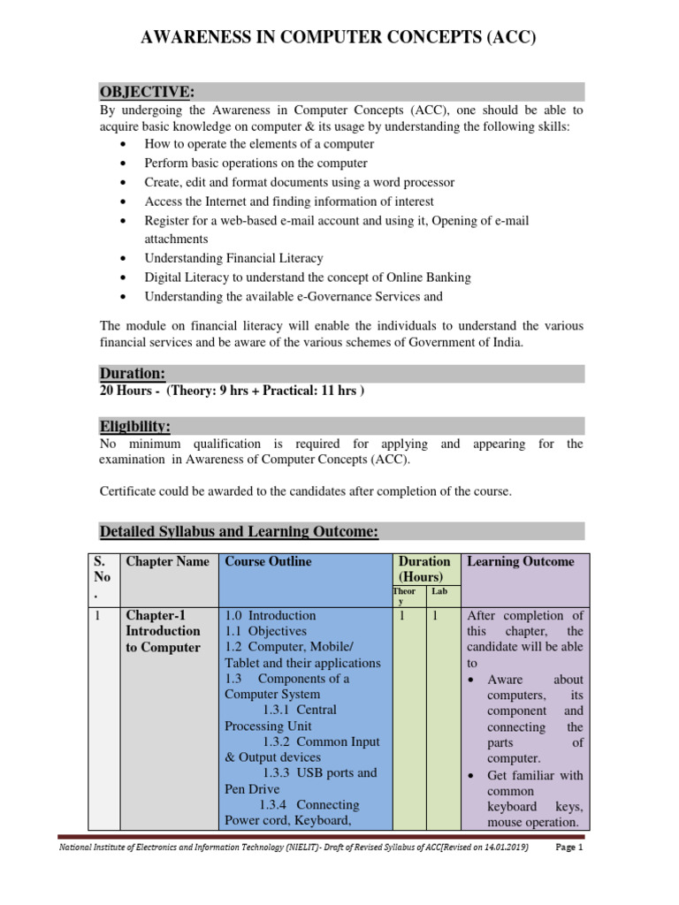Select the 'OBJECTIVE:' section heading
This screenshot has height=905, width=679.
click(x=145, y=93)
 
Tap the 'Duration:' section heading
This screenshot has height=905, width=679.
click(x=133, y=374)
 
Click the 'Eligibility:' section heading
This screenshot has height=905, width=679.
click(x=134, y=426)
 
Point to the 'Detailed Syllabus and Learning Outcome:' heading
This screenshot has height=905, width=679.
click(x=239, y=531)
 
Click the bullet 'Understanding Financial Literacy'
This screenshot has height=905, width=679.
click(x=233, y=258)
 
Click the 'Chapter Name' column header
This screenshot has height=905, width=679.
click(x=168, y=562)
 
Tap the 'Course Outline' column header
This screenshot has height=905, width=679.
click(x=268, y=562)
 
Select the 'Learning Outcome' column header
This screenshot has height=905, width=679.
click(x=520, y=562)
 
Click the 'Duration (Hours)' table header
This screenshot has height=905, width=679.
click(x=424, y=569)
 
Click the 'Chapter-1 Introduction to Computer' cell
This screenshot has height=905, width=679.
click(x=164, y=631)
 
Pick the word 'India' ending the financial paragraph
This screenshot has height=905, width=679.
click(x=507, y=343)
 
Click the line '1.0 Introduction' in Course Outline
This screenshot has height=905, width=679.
click(x=271, y=615)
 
